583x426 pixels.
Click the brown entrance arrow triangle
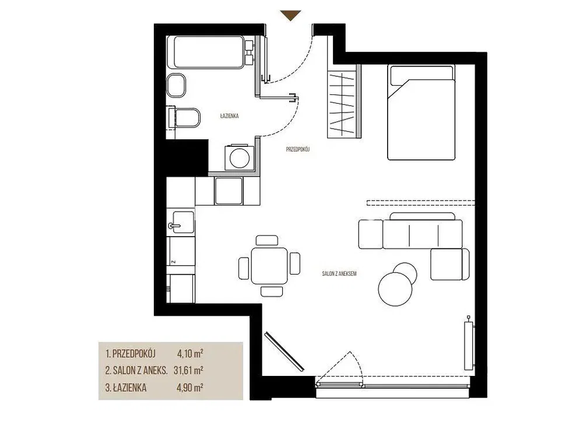coord(290,15)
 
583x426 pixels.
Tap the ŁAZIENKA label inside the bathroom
coord(229,116)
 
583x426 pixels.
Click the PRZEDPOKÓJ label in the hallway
coord(297,149)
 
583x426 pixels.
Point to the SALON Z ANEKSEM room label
coord(339,273)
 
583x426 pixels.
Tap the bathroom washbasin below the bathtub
coord(176,85)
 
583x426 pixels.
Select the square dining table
coord(269,266)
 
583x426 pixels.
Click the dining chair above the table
coord(267,241)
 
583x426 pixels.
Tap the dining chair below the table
coord(272,291)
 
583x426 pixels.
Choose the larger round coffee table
coord(395,289)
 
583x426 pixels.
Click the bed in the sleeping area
coord(422,112)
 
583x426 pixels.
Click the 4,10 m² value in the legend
coord(190,353)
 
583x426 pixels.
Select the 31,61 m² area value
coord(188,370)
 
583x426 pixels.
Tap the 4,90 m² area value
coord(189,388)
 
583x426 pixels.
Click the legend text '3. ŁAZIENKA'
coord(126,388)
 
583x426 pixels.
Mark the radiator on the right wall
coord(469,345)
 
